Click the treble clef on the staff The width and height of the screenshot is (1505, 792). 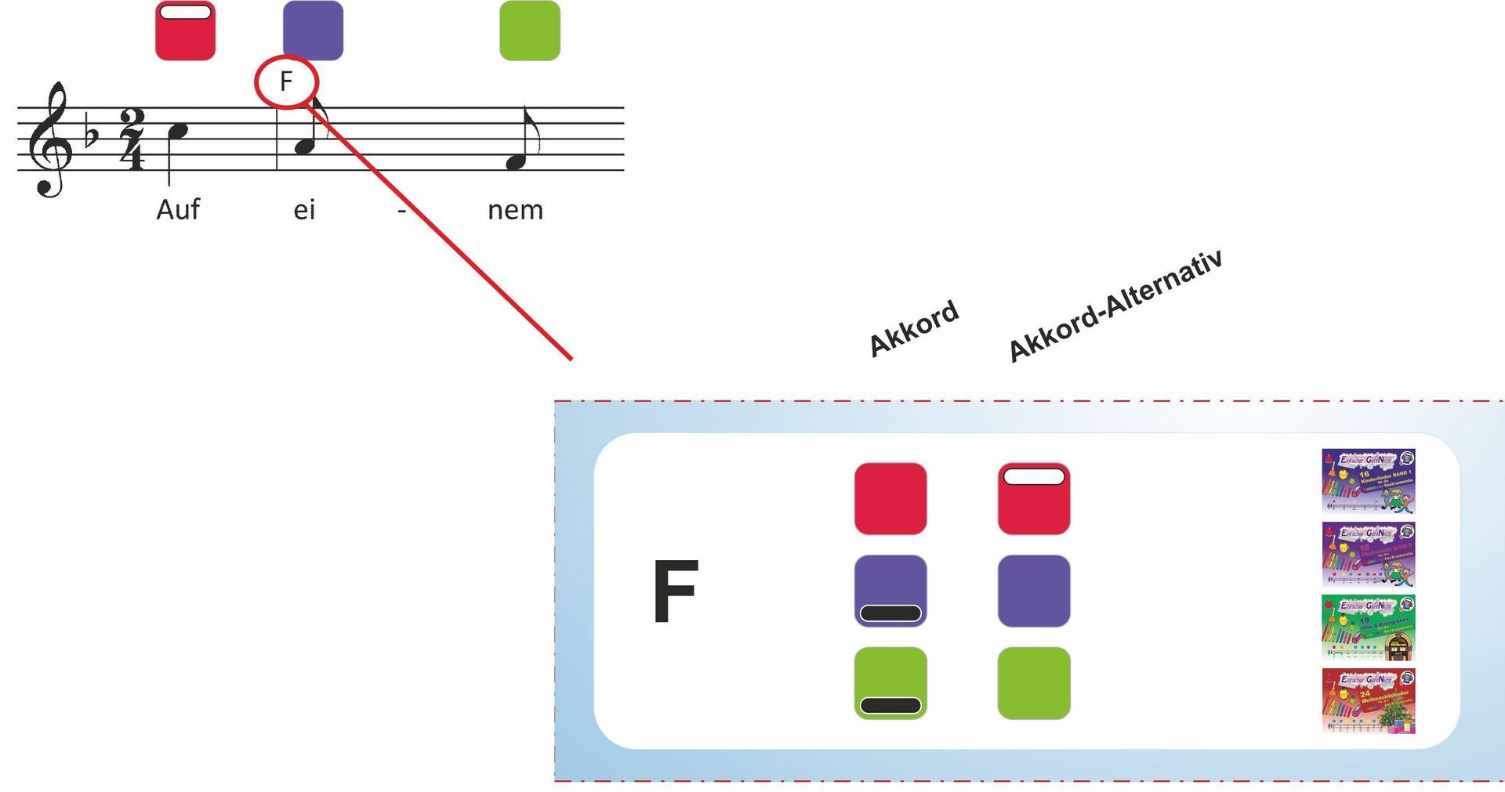pos(49,139)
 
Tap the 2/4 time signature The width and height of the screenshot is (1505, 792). pos(132,139)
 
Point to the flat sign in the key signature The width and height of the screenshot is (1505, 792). pos(91,135)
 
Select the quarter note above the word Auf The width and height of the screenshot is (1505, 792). pos(180,131)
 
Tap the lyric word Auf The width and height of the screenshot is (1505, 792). pos(178,210)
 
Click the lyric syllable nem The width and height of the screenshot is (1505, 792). pos(515,210)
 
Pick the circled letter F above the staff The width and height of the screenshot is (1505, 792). pos(286,81)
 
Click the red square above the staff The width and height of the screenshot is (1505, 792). pos(185,31)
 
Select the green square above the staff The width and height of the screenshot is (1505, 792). pos(530,31)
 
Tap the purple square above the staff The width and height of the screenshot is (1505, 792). pos(313,31)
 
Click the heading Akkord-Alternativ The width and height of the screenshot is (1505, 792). pos(1115,306)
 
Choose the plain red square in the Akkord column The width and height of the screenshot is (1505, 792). pos(890,499)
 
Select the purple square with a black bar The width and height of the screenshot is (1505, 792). pos(890,591)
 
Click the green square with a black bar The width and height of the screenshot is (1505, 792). pos(890,683)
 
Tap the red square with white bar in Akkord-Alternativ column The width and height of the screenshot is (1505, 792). pos(1034,499)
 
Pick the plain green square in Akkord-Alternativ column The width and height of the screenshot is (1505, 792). pos(1034,683)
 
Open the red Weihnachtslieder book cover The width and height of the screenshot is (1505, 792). pos(1368,701)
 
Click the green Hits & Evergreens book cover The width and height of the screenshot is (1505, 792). pos(1368,627)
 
